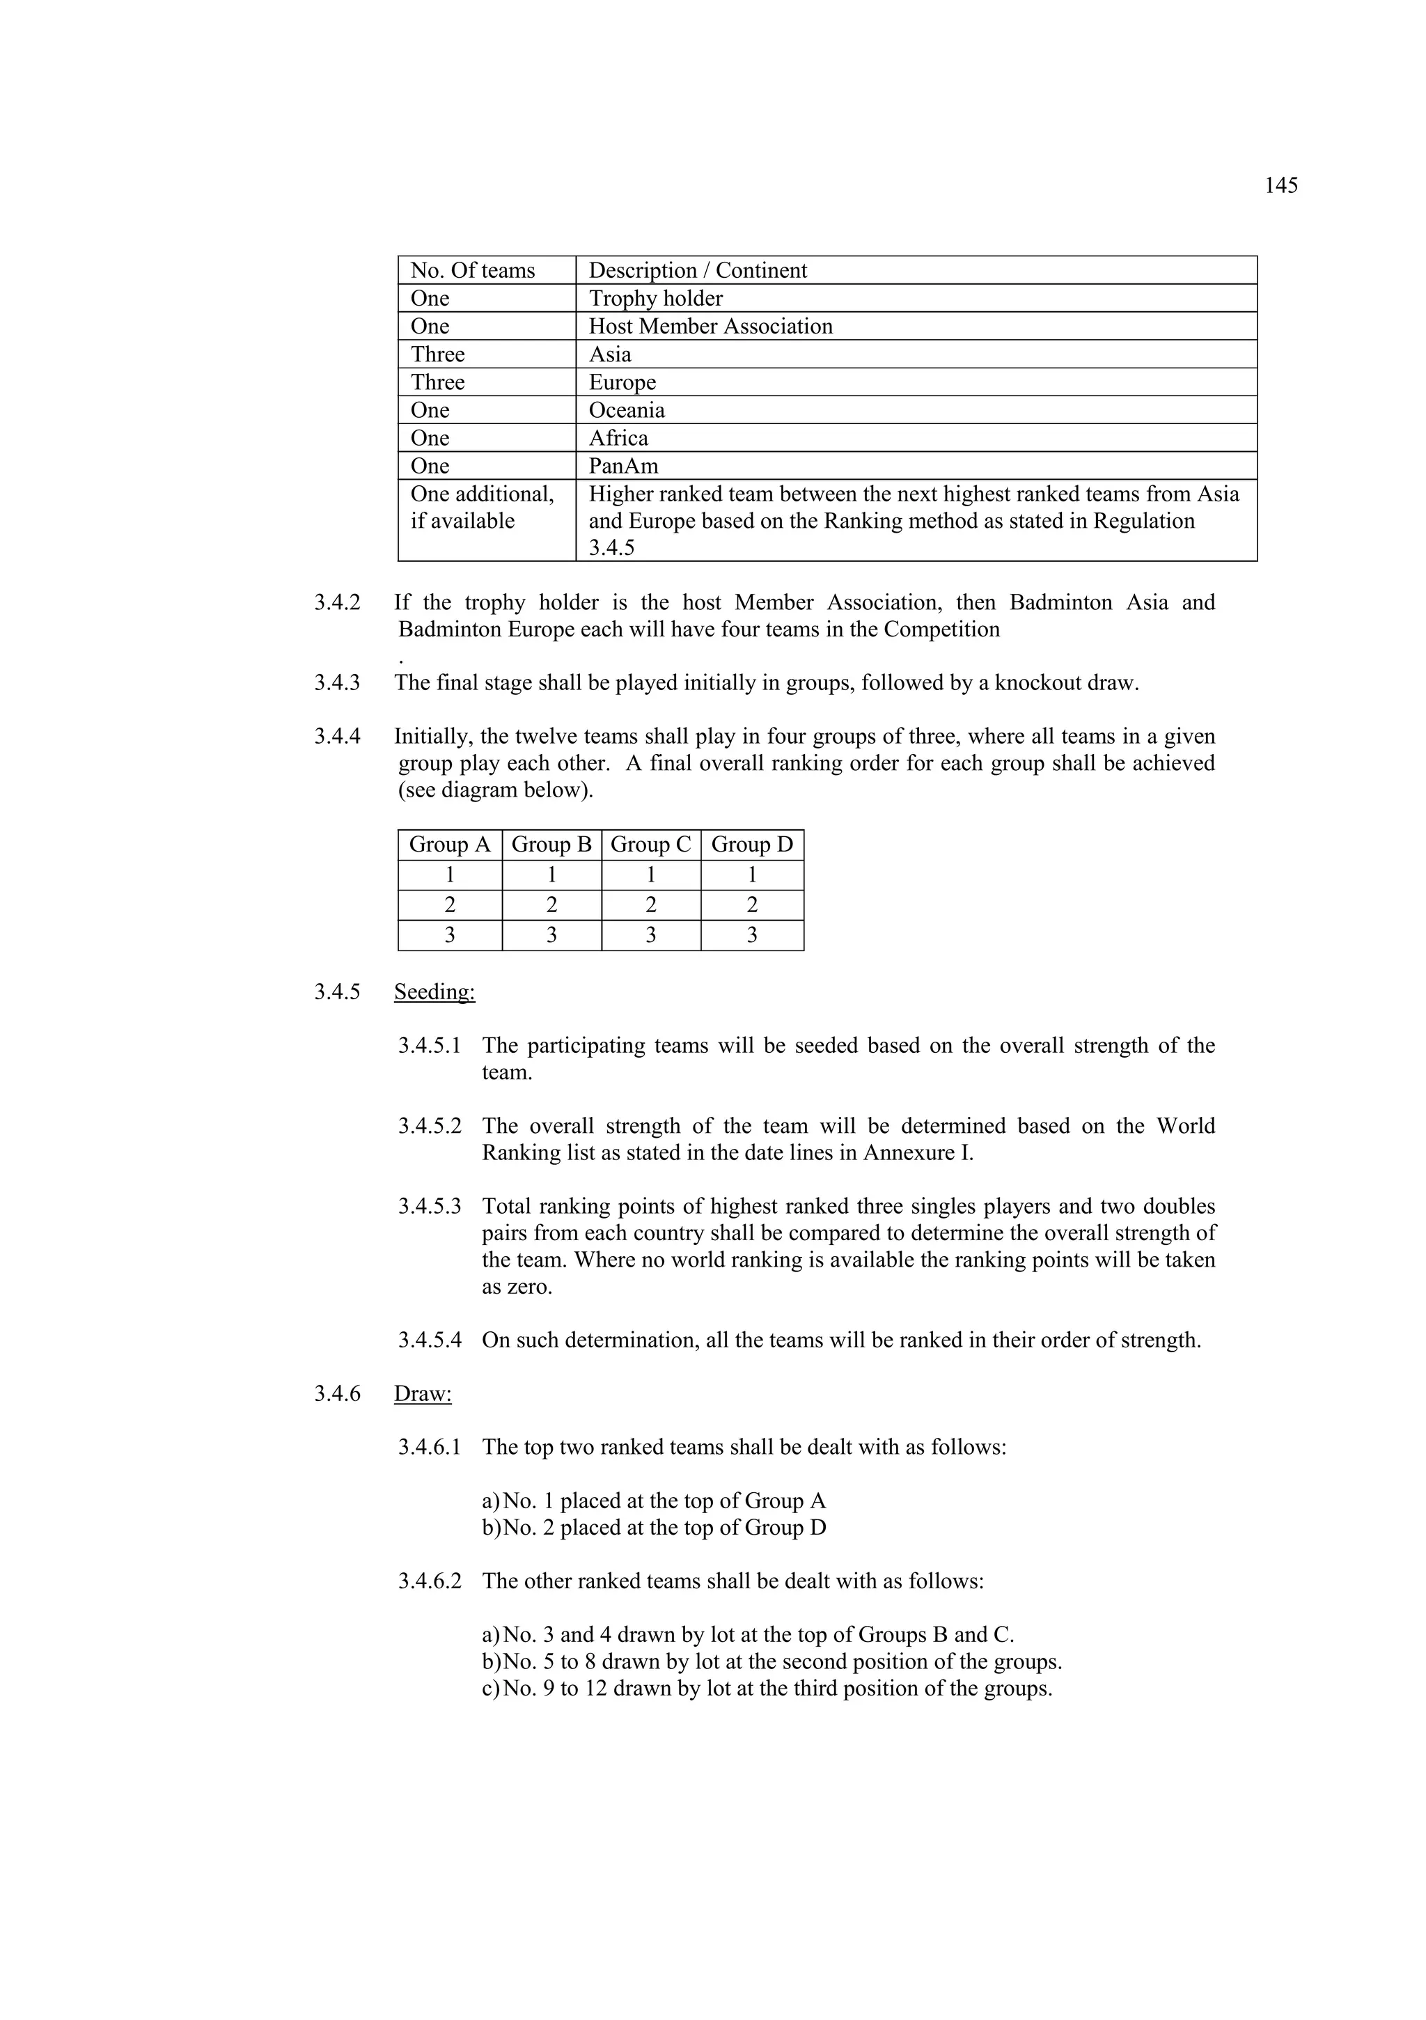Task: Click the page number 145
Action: [1281, 186]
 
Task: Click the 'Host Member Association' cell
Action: [710, 327]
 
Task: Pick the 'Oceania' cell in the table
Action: [627, 410]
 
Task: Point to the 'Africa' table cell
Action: [618, 438]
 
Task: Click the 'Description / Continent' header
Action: [698, 270]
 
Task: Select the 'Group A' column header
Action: [450, 845]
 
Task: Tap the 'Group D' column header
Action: [752, 845]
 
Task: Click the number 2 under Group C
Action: [651, 905]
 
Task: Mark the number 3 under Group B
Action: [551, 935]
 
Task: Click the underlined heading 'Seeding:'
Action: [434, 992]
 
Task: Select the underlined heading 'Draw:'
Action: [423, 1393]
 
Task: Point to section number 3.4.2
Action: [337, 602]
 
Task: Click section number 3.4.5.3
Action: [430, 1206]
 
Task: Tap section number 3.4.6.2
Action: [430, 1581]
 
